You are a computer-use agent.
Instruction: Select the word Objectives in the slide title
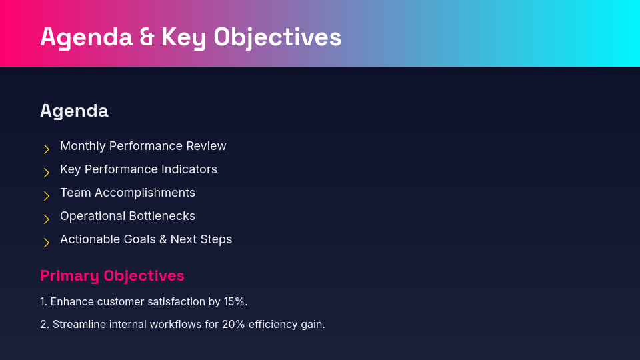pyautogui.click(x=277, y=37)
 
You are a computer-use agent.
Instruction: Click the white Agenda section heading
pyautogui.click(x=74, y=111)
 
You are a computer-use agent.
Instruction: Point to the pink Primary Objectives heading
pyautogui.click(x=112, y=276)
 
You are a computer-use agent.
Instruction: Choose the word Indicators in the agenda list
pyautogui.click(x=190, y=169)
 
